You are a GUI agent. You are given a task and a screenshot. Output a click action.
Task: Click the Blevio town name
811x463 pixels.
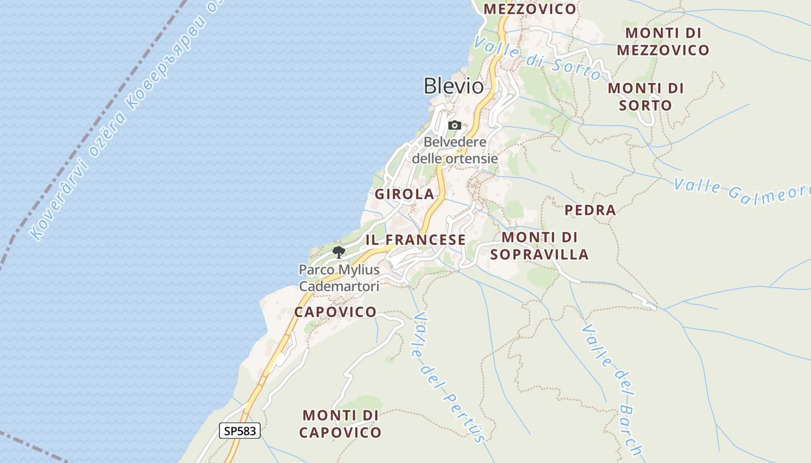[x=454, y=86]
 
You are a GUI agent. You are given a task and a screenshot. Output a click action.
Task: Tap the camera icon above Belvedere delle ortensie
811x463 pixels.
[x=455, y=125]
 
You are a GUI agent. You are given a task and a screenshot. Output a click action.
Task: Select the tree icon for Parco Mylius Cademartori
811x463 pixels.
[x=339, y=252]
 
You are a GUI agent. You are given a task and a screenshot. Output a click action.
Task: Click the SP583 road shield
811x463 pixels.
[x=240, y=431]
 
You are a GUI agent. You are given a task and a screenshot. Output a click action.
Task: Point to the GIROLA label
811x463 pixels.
[x=404, y=194]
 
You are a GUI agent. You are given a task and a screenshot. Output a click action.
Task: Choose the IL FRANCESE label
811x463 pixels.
[x=415, y=240]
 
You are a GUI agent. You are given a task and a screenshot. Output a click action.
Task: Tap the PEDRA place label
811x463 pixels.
[x=590, y=210]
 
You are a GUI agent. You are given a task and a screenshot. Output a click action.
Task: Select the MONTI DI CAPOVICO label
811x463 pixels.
[x=341, y=424]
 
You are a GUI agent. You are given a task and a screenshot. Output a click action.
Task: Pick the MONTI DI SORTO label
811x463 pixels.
[x=645, y=97]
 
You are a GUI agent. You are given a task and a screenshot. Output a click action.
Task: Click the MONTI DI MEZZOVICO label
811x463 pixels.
[x=663, y=41]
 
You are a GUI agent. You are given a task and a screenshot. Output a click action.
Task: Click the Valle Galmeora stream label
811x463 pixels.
[x=741, y=192]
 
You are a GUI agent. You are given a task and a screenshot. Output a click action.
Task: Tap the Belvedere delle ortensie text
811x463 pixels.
[x=455, y=150]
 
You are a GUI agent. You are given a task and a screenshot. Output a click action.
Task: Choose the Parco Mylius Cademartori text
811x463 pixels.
[x=339, y=278]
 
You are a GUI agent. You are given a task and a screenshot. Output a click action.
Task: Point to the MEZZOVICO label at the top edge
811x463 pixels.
[x=530, y=9]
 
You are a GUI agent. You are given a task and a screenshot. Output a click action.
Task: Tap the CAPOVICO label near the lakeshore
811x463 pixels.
[x=335, y=312]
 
